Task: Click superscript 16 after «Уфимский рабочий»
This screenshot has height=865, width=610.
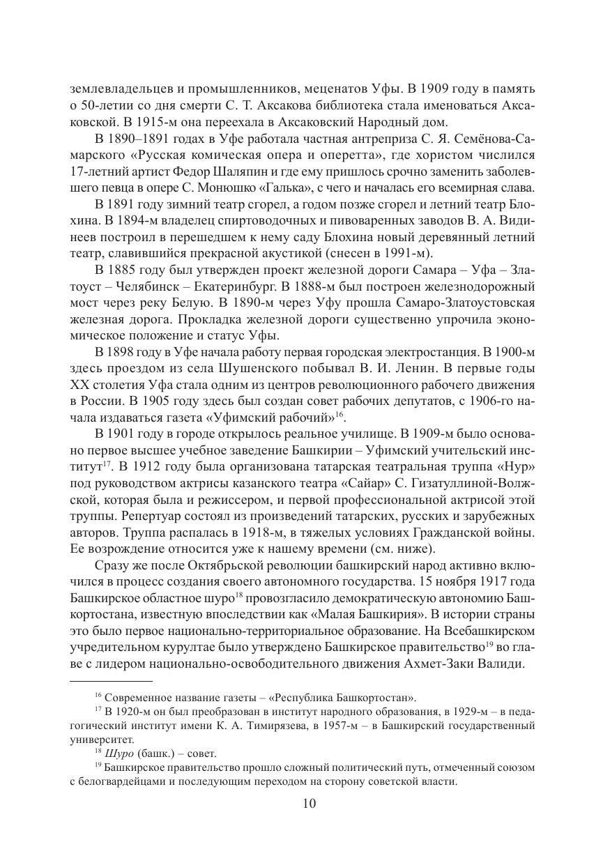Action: pyautogui.click(x=340, y=414)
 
